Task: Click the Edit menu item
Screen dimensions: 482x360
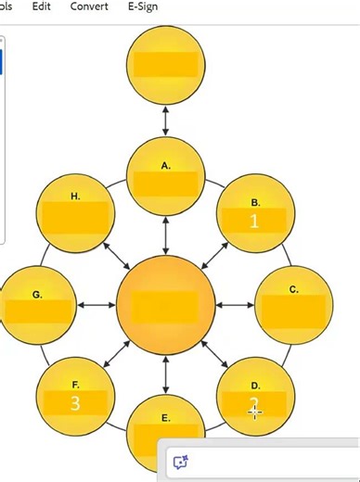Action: (41, 6)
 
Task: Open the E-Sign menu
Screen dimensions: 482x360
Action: (142, 6)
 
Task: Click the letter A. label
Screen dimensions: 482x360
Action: (166, 166)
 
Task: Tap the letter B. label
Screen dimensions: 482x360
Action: (255, 201)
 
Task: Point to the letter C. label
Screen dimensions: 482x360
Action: (293, 289)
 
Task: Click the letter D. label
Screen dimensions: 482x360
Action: (255, 385)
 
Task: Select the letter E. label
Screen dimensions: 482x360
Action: (166, 418)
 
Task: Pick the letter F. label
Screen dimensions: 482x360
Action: (75, 384)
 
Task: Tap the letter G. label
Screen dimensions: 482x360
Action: (37, 295)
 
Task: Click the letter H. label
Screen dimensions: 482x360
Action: (75, 197)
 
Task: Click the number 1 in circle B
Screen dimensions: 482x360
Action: (255, 221)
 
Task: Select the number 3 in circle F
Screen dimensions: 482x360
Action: (75, 403)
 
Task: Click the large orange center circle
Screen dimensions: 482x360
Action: (166, 305)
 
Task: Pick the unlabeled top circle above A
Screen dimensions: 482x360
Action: (165, 64)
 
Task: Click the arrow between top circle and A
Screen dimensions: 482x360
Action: (166, 120)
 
